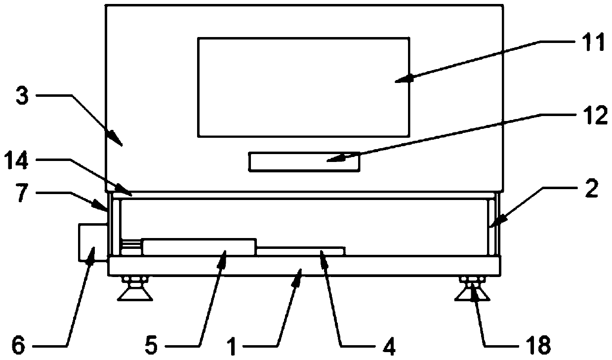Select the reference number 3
[22, 96]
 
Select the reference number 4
[389, 345]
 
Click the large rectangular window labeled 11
[303, 87]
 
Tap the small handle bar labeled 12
[304, 162]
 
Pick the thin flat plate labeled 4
[300, 250]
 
